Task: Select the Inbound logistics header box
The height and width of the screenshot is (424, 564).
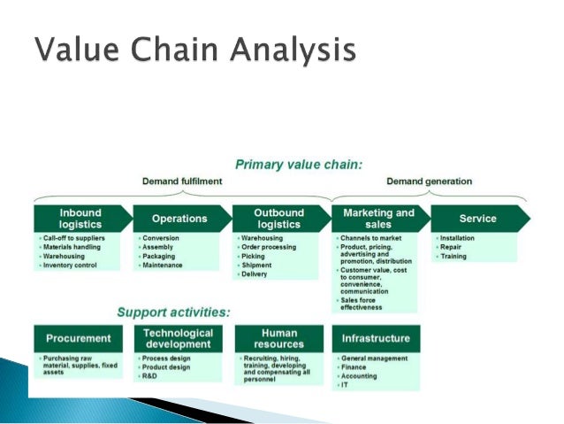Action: point(80,219)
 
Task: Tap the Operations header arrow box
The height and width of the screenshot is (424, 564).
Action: point(179,219)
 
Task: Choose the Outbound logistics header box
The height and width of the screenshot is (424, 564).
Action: point(278,219)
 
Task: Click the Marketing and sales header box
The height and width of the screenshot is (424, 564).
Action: point(377,219)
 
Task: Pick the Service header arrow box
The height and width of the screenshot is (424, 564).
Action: point(478,219)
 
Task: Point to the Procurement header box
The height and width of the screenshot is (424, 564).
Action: point(79,338)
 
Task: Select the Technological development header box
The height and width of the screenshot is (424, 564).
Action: point(179,338)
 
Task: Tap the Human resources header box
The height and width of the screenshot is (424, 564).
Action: point(278,338)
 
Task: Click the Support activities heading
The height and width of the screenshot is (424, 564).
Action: point(174,312)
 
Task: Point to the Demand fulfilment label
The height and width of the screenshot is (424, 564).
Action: point(183,181)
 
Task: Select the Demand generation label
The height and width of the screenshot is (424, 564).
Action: point(430,181)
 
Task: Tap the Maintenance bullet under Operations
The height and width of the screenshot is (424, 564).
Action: point(164,265)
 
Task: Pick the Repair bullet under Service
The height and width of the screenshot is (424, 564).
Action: point(453,247)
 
